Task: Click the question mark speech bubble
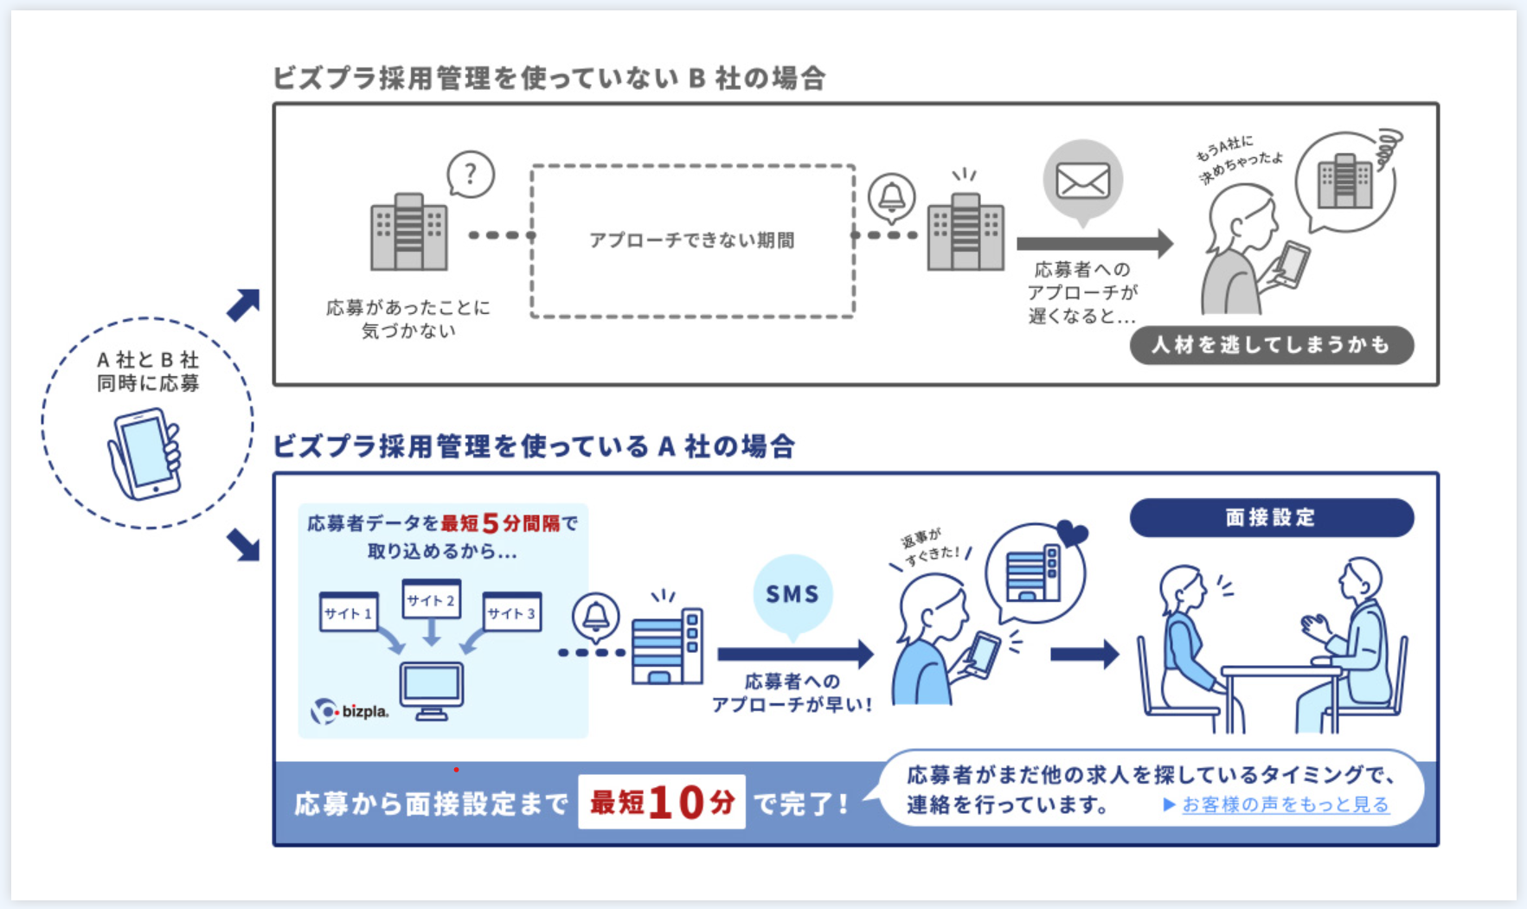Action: coord(471,175)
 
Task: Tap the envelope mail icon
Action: coord(1082,181)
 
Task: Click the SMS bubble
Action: coord(792,594)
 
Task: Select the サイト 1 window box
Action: coord(349,612)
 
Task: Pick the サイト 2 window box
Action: coord(431,599)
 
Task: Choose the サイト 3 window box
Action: coord(511,612)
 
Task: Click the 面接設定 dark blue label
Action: coord(1271,517)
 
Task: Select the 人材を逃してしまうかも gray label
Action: coord(1271,345)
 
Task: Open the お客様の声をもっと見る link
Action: coord(1285,804)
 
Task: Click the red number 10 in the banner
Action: coord(677,803)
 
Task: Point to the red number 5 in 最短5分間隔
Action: coord(491,523)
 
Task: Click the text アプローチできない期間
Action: coord(691,240)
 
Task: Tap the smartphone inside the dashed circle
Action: coord(145,452)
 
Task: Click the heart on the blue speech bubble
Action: coord(1072,534)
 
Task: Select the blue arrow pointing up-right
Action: coord(243,304)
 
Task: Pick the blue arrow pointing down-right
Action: coord(243,545)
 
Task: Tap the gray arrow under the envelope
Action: coord(1094,244)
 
